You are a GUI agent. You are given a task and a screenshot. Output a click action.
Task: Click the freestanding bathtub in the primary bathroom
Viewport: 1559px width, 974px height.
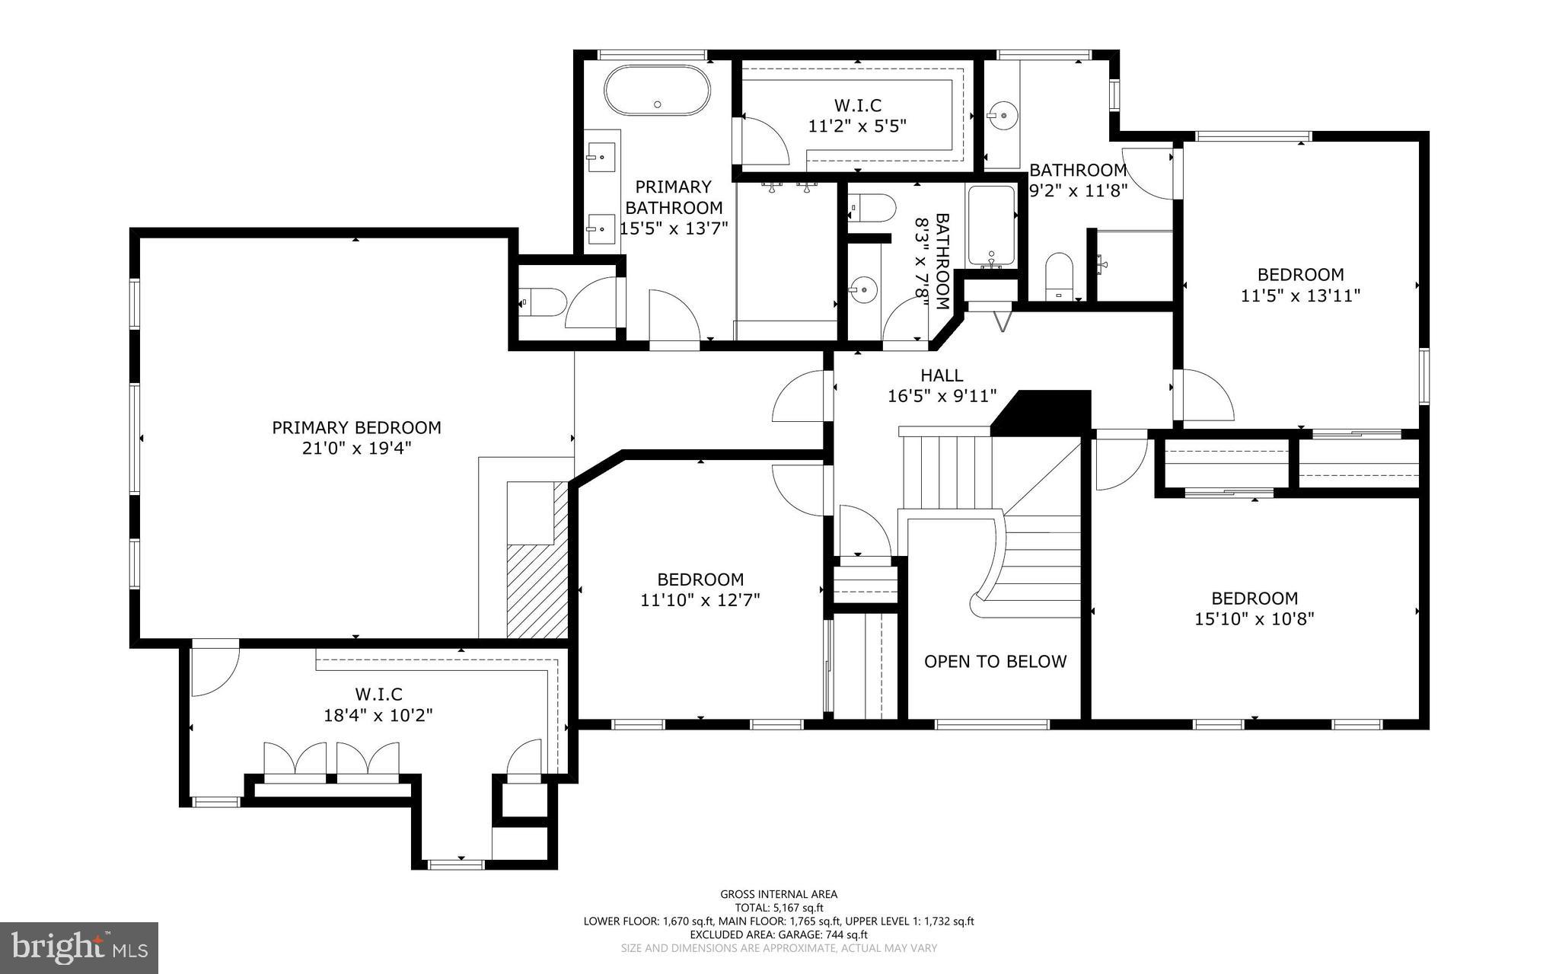click(657, 91)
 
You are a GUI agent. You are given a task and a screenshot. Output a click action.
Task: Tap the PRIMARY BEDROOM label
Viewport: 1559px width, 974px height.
click(356, 428)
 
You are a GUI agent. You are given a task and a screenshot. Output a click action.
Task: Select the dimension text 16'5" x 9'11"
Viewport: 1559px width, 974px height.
click(942, 396)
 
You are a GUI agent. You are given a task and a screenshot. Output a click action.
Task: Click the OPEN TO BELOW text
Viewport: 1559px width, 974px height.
click(995, 662)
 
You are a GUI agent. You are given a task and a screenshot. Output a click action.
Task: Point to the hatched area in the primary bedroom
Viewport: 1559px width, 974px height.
click(537, 590)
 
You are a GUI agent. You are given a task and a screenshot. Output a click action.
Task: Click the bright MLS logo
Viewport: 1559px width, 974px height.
click(79, 947)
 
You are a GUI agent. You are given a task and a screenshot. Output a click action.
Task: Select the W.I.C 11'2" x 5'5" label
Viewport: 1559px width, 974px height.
click(857, 116)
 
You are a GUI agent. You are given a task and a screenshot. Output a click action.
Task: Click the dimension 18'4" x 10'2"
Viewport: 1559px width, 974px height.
click(378, 715)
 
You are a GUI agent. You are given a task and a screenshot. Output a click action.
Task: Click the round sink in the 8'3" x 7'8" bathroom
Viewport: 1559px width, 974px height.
click(864, 289)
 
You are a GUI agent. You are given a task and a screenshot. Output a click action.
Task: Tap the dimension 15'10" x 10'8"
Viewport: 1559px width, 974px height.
click(1254, 619)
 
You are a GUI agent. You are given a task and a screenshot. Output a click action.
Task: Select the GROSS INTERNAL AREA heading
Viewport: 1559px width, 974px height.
click(779, 894)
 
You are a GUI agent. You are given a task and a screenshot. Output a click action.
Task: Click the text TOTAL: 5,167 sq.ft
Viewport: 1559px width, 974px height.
click(779, 908)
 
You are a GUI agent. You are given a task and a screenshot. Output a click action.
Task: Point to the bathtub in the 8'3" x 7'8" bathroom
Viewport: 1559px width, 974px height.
click(991, 226)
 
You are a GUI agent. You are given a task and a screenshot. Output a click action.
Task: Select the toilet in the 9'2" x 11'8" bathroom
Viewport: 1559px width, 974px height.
click(1058, 276)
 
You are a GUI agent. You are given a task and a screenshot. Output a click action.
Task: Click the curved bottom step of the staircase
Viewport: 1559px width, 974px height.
click(982, 605)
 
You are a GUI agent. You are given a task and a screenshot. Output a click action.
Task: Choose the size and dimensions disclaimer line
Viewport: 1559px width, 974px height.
click(779, 948)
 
